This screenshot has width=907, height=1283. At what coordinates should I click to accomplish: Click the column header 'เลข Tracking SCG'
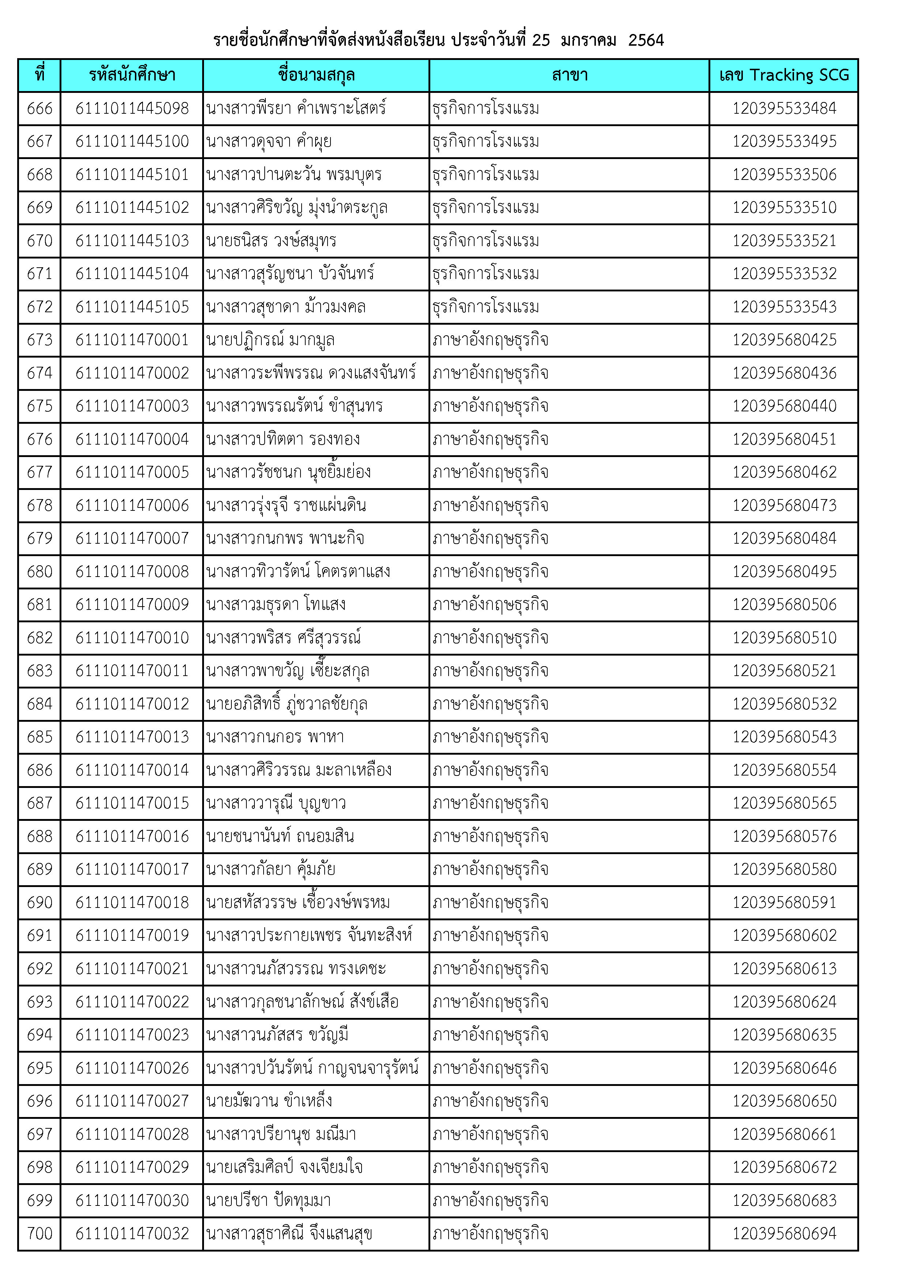(783, 75)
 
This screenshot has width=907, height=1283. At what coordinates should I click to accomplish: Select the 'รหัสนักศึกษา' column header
(132, 75)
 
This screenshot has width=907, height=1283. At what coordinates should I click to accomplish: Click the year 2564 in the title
(646, 40)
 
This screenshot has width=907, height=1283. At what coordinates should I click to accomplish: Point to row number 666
(40, 108)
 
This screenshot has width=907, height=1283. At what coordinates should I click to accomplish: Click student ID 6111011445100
(132, 141)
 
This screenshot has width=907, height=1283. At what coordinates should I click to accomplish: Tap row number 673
(40, 340)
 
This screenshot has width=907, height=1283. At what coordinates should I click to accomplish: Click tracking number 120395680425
(784, 340)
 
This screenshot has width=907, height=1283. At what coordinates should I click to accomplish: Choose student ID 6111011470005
(132, 472)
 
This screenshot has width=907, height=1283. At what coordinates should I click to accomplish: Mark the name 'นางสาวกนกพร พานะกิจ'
(285, 538)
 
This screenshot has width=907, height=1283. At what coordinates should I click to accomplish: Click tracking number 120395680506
(784, 605)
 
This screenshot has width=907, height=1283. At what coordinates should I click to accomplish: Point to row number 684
(40, 704)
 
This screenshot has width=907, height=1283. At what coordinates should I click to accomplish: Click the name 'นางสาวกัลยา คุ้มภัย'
(271, 869)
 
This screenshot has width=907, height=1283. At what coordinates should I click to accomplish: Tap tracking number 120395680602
(784, 935)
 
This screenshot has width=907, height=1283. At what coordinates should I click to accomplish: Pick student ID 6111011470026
(132, 1068)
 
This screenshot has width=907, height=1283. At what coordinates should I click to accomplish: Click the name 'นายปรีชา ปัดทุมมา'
(268, 1200)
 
